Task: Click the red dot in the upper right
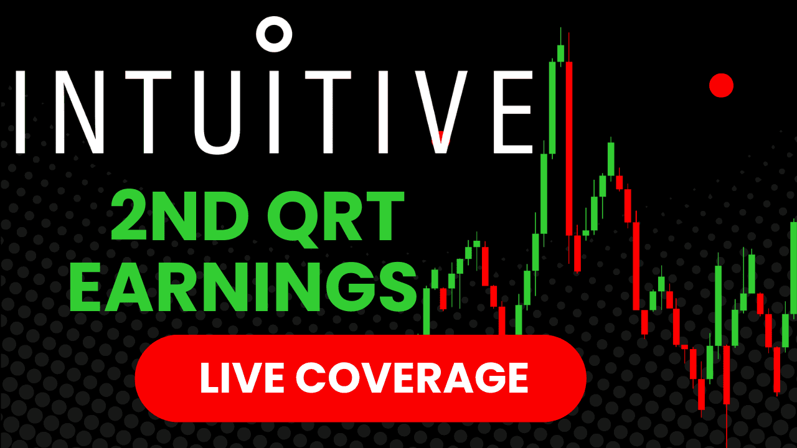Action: [722, 85]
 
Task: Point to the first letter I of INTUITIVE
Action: [19, 111]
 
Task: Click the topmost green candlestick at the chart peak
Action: [560, 53]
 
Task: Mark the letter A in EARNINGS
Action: [141, 287]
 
